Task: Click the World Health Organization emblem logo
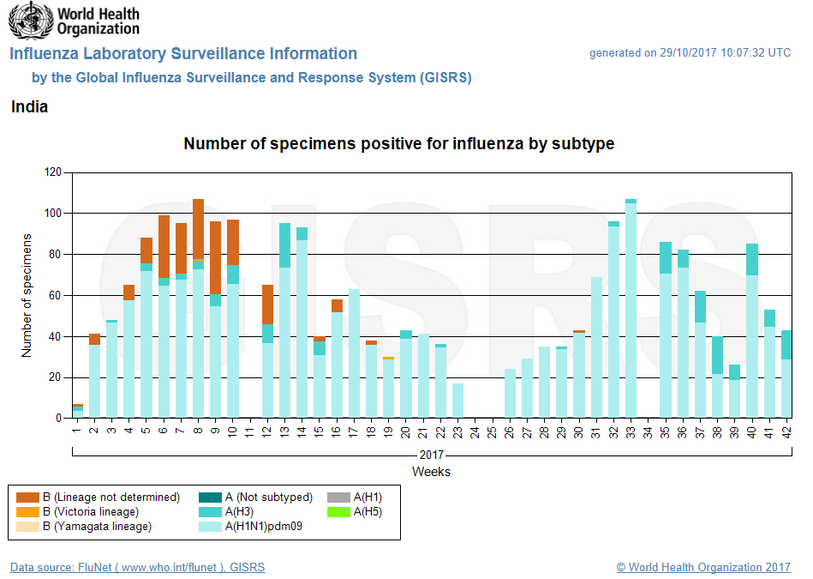pyautogui.click(x=31, y=21)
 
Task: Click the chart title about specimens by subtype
pyautogui.click(x=398, y=144)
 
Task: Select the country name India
pyautogui.click(x=29, y=107)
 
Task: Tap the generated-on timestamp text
pyautogui.click(x=690, y=53)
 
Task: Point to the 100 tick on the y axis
pyautogui.click(x=53, y=214)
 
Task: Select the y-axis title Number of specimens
pyautogui.click(x=27, y=295)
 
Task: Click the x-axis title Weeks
pyautogui.click(x=431, y=472)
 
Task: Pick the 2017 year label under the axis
pyautogui.click(x=431, y=455)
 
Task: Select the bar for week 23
pyautogui.click(x=458, y=401)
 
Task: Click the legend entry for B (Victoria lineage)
pyautogui.click(x=95, y=512)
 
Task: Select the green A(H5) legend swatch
pyautogui.click(x=338, y=512)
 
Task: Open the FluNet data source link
pyautogui.click(x=137, y=567)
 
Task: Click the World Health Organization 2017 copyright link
pyautogui.click(x=703, y=567)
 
